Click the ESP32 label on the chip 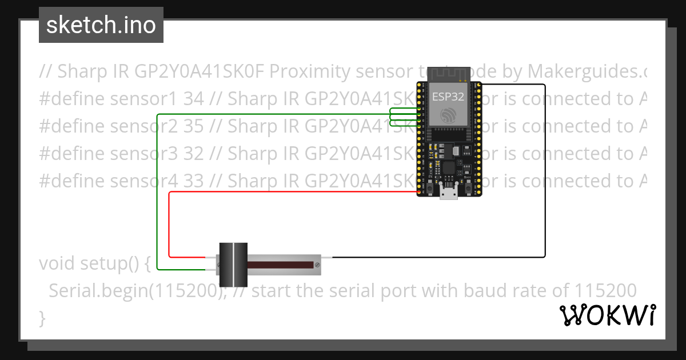click(448, 96)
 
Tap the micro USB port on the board click(448, 194)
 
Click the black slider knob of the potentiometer click(233, 265)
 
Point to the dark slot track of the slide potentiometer click(280, 265)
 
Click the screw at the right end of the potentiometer click(316, 265)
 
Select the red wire click(169, 223)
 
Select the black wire click(545, 171)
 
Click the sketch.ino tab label click(101, 25)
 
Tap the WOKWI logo click(608, 315)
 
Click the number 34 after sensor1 click(194, 99)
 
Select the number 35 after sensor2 click(194, 126)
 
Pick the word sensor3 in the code click(145, 154)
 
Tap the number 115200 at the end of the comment click(605, 291)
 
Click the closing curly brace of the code click(42, 318)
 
